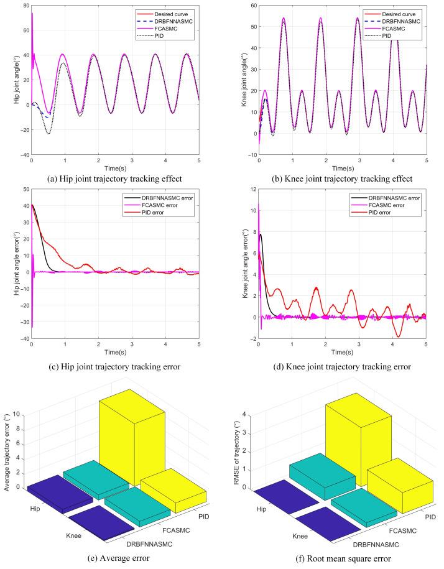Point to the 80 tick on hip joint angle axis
pyautogui.click(x=25, y=6)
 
